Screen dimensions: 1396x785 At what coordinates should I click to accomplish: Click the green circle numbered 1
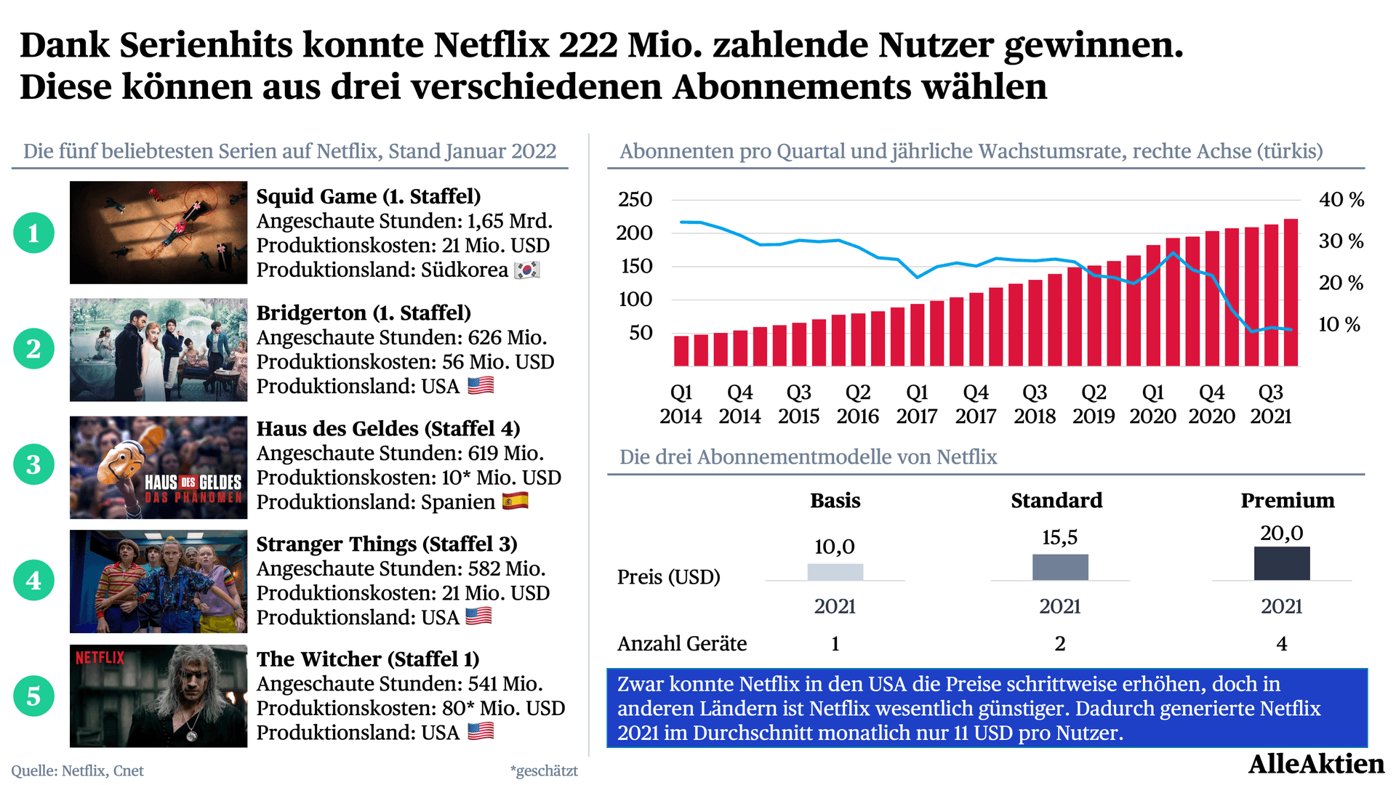click(x=33, y=233)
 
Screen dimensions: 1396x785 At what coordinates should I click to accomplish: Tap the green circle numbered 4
click(x=33, y=580)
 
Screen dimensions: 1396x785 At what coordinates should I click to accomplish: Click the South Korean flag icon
click(x=527, y=270)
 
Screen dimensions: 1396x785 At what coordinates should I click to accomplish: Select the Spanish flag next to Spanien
click(x=516, y=501)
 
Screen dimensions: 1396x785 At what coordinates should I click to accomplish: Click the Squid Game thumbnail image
click(x=159, y=233)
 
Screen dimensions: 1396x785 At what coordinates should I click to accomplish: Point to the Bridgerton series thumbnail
click(x=159, y=350)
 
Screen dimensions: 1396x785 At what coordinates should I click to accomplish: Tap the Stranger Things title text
click(x=387, y=544)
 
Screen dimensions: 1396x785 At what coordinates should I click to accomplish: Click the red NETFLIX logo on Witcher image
click(x=100, y=658)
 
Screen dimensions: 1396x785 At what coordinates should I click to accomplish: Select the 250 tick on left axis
click(x=635, y=199)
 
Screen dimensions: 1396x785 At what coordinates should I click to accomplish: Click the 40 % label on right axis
click(x=1341, y=199)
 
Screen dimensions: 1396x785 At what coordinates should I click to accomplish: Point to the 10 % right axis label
click(x=1339, y=324)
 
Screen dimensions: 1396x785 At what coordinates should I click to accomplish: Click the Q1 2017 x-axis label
click(x=917, y=404)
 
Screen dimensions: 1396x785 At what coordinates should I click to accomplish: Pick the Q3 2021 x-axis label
click(x=1271, y=404)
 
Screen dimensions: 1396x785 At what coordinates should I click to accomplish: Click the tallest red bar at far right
click(x=1291, y=292)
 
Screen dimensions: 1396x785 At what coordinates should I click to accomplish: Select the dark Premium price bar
click(x=1282, y=563)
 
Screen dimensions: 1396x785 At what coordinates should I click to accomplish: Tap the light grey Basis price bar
click(x=835, y=572)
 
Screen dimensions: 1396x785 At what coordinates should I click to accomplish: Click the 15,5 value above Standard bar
click(x=1060, y=537)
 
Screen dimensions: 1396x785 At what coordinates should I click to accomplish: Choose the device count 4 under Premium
click(x=1282, y=643)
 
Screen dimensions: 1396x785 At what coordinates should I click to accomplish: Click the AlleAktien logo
click(x=1316, y=764)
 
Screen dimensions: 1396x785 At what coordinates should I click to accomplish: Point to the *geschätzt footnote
click(x=544, y=771)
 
